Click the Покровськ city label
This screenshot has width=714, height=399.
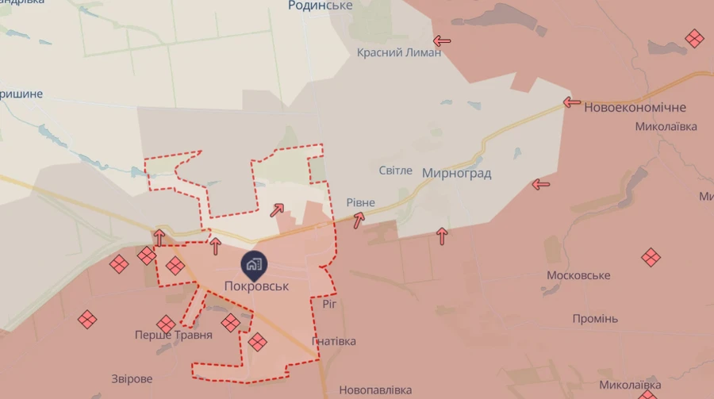(x=256, y=286)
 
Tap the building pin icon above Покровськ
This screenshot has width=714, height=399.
(x=255, y=263)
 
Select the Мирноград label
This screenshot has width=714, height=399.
(x=457, y=173)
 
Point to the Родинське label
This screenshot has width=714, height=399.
(x=321, y=6)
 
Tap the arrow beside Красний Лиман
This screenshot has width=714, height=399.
(x=442, y=41)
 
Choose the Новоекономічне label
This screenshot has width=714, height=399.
(x=635, y=107)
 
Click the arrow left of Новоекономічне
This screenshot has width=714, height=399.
(x=572, y=102)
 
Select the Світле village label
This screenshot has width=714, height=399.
(x=395, y=171)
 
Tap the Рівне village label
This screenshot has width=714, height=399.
(x=361, y=202)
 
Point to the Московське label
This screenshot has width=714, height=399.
(x=578, y=275)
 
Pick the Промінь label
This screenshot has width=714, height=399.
(x=595, y=319)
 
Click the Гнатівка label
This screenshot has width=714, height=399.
(x=334, y=341)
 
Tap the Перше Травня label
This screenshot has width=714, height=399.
(x=174, y=336)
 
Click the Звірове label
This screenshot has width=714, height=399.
(x=132, y=379)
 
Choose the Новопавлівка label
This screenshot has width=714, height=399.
(x=375, y=390)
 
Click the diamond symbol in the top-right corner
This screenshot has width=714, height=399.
(x=695, y=38)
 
